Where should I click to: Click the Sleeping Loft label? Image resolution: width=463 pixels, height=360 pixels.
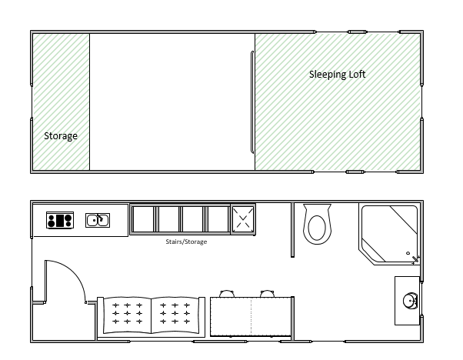coord(337,75)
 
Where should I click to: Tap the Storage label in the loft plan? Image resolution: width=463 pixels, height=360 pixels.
coord(61,136)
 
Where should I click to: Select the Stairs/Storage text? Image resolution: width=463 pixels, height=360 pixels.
coord(186,242)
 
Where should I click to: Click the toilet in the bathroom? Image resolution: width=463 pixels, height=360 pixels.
coord(317,224)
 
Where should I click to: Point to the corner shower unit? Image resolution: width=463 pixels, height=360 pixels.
coord(389,234)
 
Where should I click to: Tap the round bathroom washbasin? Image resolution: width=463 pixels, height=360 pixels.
coord(411,301)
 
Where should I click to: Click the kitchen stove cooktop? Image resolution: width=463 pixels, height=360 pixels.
coord(60,220)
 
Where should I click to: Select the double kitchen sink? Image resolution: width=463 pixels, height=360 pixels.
coord(98,220)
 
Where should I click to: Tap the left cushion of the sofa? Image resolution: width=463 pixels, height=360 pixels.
coord(127,315)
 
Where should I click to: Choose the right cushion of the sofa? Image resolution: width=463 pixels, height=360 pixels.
coord(175,315)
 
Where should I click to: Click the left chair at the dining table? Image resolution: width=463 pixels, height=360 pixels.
coord(227,294)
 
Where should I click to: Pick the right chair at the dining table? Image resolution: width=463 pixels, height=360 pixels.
coord(267,294)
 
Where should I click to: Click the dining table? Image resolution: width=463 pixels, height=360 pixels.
coord(251,317)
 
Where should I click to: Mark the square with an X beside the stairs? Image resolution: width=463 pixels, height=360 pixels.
coord(243,219)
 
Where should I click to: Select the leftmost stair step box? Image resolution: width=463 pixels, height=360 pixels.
coord(143,219)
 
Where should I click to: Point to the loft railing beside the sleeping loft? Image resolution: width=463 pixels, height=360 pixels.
coord(252,102)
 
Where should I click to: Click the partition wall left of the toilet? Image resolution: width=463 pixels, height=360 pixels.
coord(292,230)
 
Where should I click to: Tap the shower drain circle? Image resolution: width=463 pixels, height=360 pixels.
coord(408,253)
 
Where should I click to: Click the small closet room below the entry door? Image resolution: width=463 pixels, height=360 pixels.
coord(64,322)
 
